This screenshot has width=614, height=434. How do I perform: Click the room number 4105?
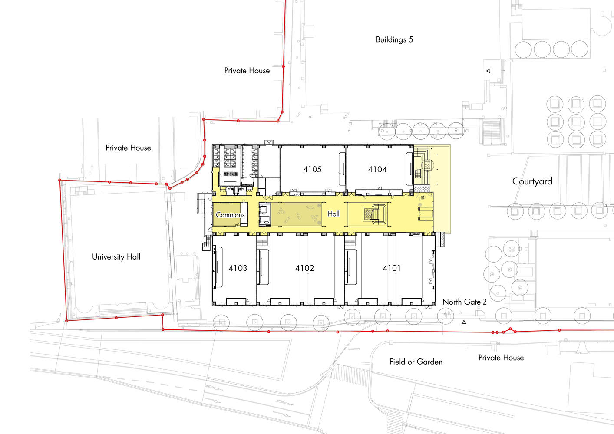[x=312, y=169]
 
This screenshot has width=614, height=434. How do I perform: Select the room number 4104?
[x=377, y=169]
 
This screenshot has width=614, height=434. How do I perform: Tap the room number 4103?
[x=238, y=268]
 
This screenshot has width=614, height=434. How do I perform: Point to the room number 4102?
[x=304, y=268]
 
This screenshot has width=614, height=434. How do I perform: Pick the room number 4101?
[x=391, y=268]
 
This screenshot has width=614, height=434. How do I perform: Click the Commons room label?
[x=230, y=215]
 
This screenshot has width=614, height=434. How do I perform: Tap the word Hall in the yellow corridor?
[x=333, y=214]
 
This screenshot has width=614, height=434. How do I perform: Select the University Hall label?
[x=116, y=257]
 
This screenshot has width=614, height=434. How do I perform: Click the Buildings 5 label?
[x=394, y=39]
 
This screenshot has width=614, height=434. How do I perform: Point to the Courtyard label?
[x=532, y=181]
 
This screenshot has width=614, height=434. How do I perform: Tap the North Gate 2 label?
[x=465, y=302]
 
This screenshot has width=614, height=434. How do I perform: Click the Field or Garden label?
[x=416, y=362]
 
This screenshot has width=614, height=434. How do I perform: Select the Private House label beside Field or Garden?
[x=501, y=358]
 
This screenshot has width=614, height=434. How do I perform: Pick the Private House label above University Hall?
[x=128, y=148]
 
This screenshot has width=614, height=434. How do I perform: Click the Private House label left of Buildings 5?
[x=247, y=71]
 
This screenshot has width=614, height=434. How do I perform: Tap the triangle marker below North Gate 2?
[x=464, y=322]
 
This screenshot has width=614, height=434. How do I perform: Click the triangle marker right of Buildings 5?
[x=488, y=71]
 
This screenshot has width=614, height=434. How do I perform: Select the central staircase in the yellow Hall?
[x=375, y=214]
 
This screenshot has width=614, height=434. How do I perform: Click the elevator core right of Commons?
[x=265, y=214]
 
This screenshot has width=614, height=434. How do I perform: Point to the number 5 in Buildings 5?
[x=411, y=39]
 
